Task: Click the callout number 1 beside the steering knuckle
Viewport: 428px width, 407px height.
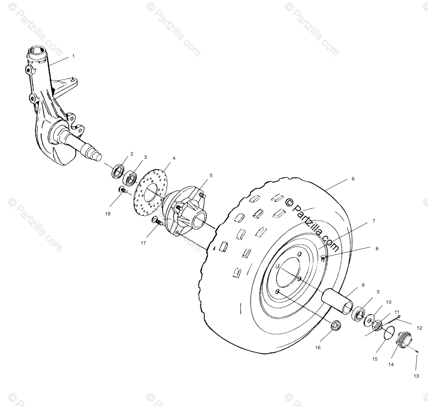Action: [73, 56]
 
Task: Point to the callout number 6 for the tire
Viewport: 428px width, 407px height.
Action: [353, 179]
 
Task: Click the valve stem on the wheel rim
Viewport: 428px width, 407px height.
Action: [323, 259]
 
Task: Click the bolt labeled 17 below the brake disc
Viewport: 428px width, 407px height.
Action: [157, 221]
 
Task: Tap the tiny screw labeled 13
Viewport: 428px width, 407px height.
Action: [415, 351]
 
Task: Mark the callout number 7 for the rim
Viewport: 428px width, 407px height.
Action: [373, 220]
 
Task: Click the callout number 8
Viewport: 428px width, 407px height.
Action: [377, 249]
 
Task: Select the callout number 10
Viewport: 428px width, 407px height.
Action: [389, 302]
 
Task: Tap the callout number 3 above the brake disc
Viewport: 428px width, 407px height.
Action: [145, 157]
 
